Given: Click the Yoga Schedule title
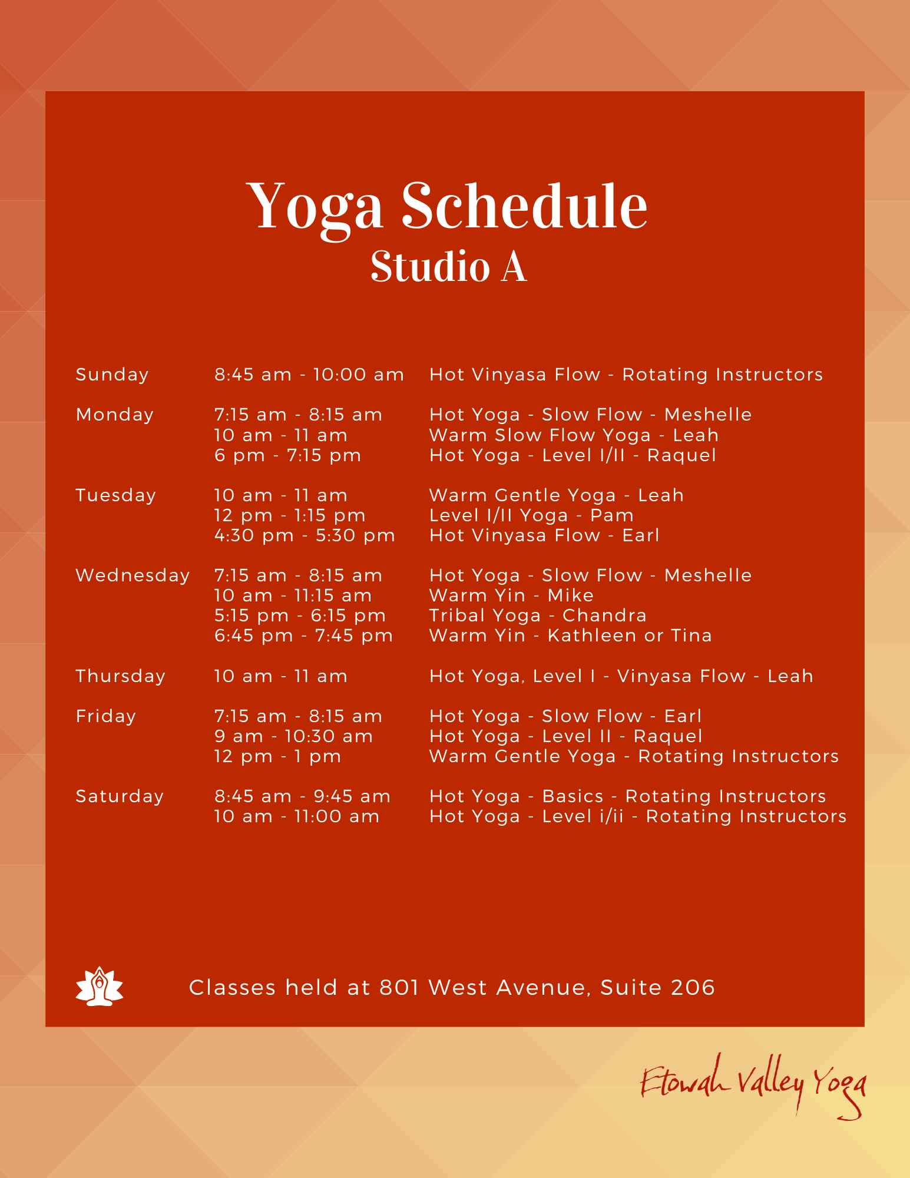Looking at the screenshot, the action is click(x=447, y=207).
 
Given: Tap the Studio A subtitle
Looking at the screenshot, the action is click(x=448, y=267).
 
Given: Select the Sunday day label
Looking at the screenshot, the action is click(x=112, y=375).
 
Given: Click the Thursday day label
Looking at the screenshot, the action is click(x=120, y=676).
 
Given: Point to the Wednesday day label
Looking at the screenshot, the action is click(x=133, y=575).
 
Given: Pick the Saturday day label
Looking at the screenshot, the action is click(x=120, y=797).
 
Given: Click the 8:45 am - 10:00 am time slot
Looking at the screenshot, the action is click(x=309, y=375).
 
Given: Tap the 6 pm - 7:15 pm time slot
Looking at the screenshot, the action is click(x=287, y=456).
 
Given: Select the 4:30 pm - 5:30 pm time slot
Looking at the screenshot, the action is click(x=305, y=536).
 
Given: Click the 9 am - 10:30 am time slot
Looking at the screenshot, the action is click(x=293, y=737).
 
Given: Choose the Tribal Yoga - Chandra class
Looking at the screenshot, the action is click(x=538, y=616).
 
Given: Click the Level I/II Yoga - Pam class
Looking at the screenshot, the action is click(x=531, y=516).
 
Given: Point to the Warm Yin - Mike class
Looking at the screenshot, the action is click(x=511, y=595).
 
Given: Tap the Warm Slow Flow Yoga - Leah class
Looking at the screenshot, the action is click(x=574, y=436).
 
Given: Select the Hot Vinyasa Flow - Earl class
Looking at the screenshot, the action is click(x=544, y=536).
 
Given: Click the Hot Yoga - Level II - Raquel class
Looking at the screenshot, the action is click(x=565, y=737).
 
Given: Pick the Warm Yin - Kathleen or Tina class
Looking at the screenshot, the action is click(x=570, y=636).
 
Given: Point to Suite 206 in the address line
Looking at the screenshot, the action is click(x=657, y=988).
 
